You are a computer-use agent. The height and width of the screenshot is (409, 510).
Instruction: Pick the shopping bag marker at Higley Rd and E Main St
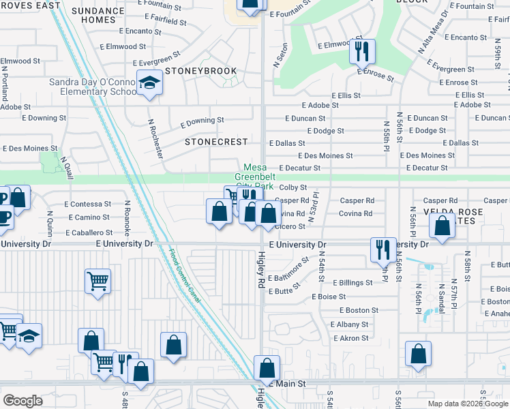[266, 367]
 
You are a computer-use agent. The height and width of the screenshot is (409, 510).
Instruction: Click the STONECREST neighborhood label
[214, 142]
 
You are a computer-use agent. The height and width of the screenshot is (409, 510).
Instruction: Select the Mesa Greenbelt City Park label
[258, 177]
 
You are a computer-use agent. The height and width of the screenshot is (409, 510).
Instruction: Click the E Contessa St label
[88, 204]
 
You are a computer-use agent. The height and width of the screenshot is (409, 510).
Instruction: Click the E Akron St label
[350, 337]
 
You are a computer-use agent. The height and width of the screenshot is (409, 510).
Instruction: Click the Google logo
[22, 400]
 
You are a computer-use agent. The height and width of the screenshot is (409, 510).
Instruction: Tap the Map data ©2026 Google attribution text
[468, 404]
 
